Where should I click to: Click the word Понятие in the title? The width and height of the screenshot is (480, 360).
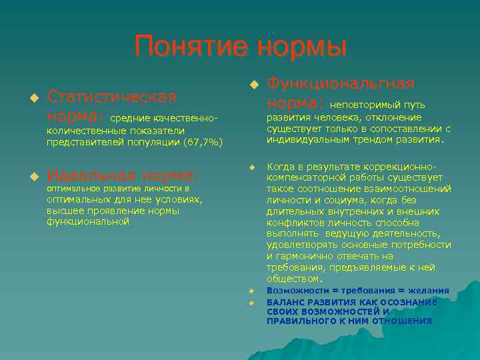pyautogui.click(x=189, y=47)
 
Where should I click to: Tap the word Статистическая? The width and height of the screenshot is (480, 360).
pyautogui.click(x=111, y=97)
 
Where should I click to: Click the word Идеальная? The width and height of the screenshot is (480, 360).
pyautogui.click(x=89, y=175)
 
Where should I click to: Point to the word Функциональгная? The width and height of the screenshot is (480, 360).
pyautogui.click(x=340, y=83)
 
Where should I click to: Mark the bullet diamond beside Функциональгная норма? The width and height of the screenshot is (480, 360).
pyautogui.click(x=253, y=84)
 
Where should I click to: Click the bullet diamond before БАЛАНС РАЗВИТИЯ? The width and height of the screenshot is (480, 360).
pyautogui.click(x=253, y=302)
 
